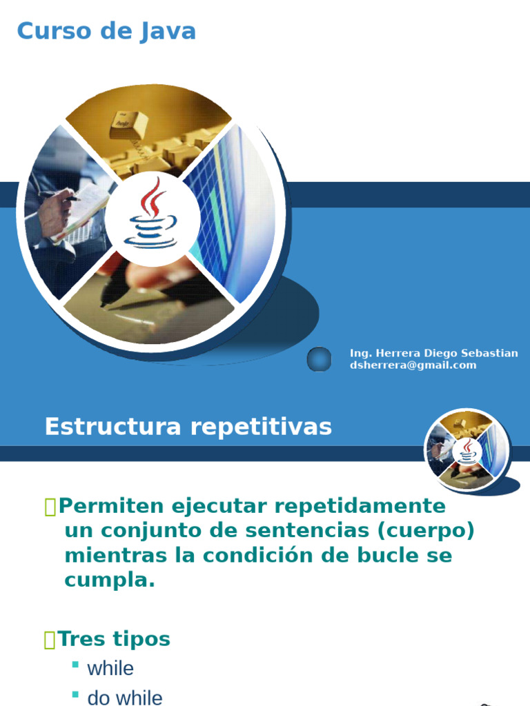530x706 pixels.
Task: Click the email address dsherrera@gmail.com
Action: [x=413, y=365]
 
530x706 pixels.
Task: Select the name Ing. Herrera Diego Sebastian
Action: [x=433, y=353]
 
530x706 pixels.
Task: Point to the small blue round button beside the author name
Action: [x=319, y=359]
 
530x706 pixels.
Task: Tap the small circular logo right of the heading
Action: [x=467, y=450]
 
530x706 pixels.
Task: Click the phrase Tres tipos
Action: [x=114, y=639]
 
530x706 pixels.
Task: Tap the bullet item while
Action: [x=110, y=668]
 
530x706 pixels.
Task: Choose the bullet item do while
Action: [x=125, y=697]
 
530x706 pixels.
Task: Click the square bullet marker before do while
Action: [x=75, y=694]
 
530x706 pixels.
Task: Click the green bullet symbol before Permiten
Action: [x=50, y=507]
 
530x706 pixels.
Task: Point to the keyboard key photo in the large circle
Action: [x=128, y=125]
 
